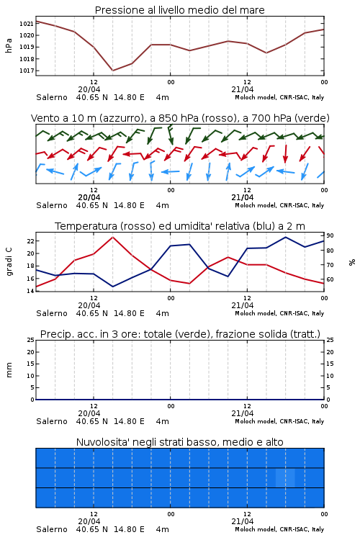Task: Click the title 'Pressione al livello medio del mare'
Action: pos(179,10)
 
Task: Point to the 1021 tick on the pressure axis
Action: pos(26,24)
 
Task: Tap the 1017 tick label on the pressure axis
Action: pos(26,71)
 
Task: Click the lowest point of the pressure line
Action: pos(112,71)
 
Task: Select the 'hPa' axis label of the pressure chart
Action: pos(9,45)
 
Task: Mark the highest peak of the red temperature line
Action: pos(112,237)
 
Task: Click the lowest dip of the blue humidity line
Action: pos(112,287)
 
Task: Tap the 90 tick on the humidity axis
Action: pos(330,235)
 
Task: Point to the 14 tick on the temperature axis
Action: pos(31,291)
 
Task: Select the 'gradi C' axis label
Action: pos(9,262)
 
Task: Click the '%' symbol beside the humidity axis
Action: pos(352,262)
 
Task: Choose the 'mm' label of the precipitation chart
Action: pos(9,370)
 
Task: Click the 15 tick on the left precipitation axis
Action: pos(31,364)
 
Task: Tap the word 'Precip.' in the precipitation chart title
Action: pos(53,334)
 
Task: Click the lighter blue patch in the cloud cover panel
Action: pos(285,477)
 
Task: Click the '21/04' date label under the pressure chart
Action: pos(243,89)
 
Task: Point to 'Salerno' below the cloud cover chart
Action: pos(52,529)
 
